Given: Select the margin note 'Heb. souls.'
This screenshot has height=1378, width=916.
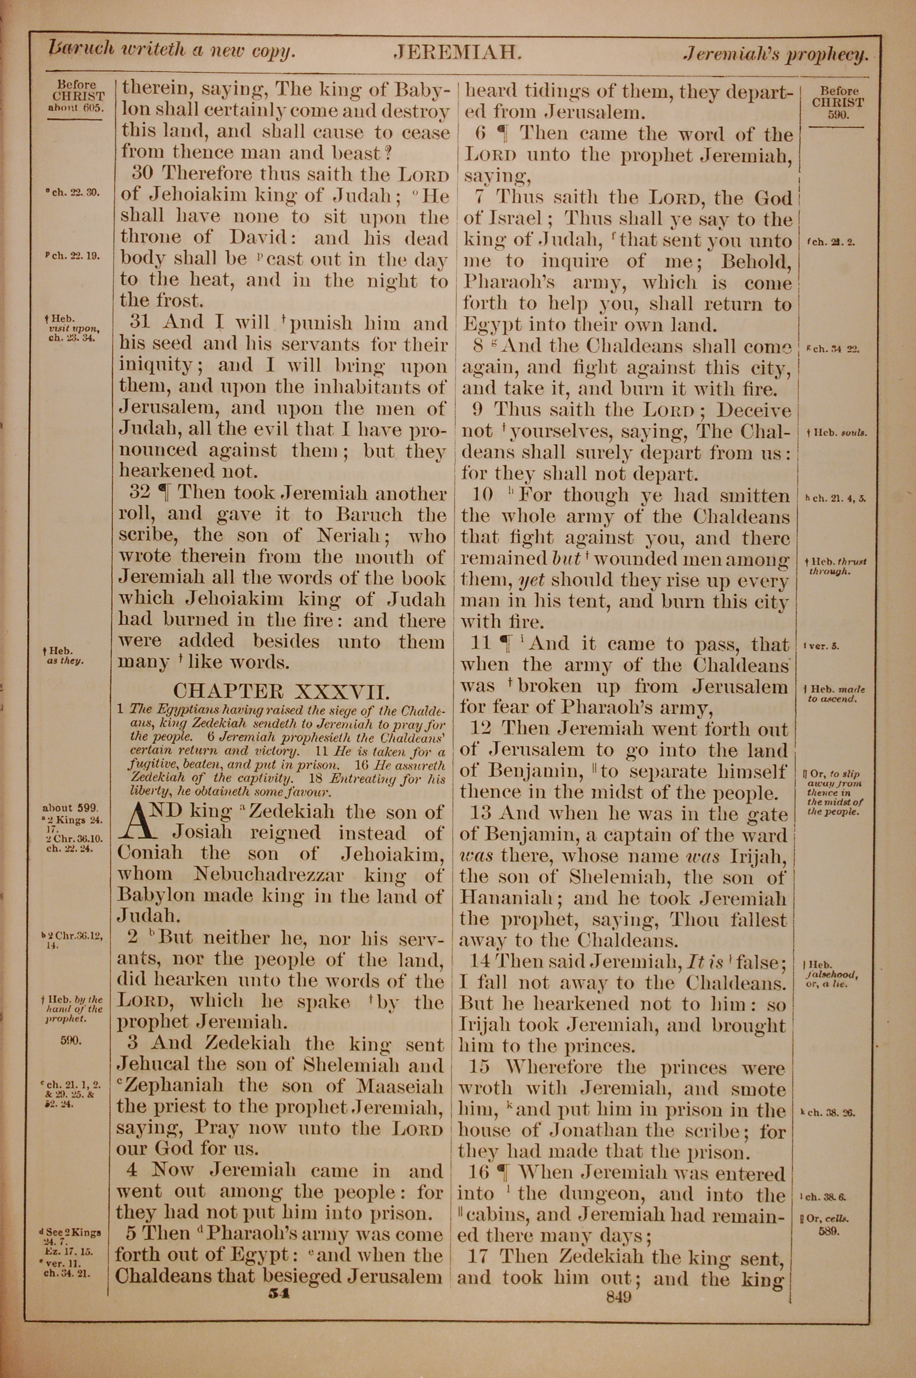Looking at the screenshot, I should (838, 433).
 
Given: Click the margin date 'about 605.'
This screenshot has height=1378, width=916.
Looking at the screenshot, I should (76, 108).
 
